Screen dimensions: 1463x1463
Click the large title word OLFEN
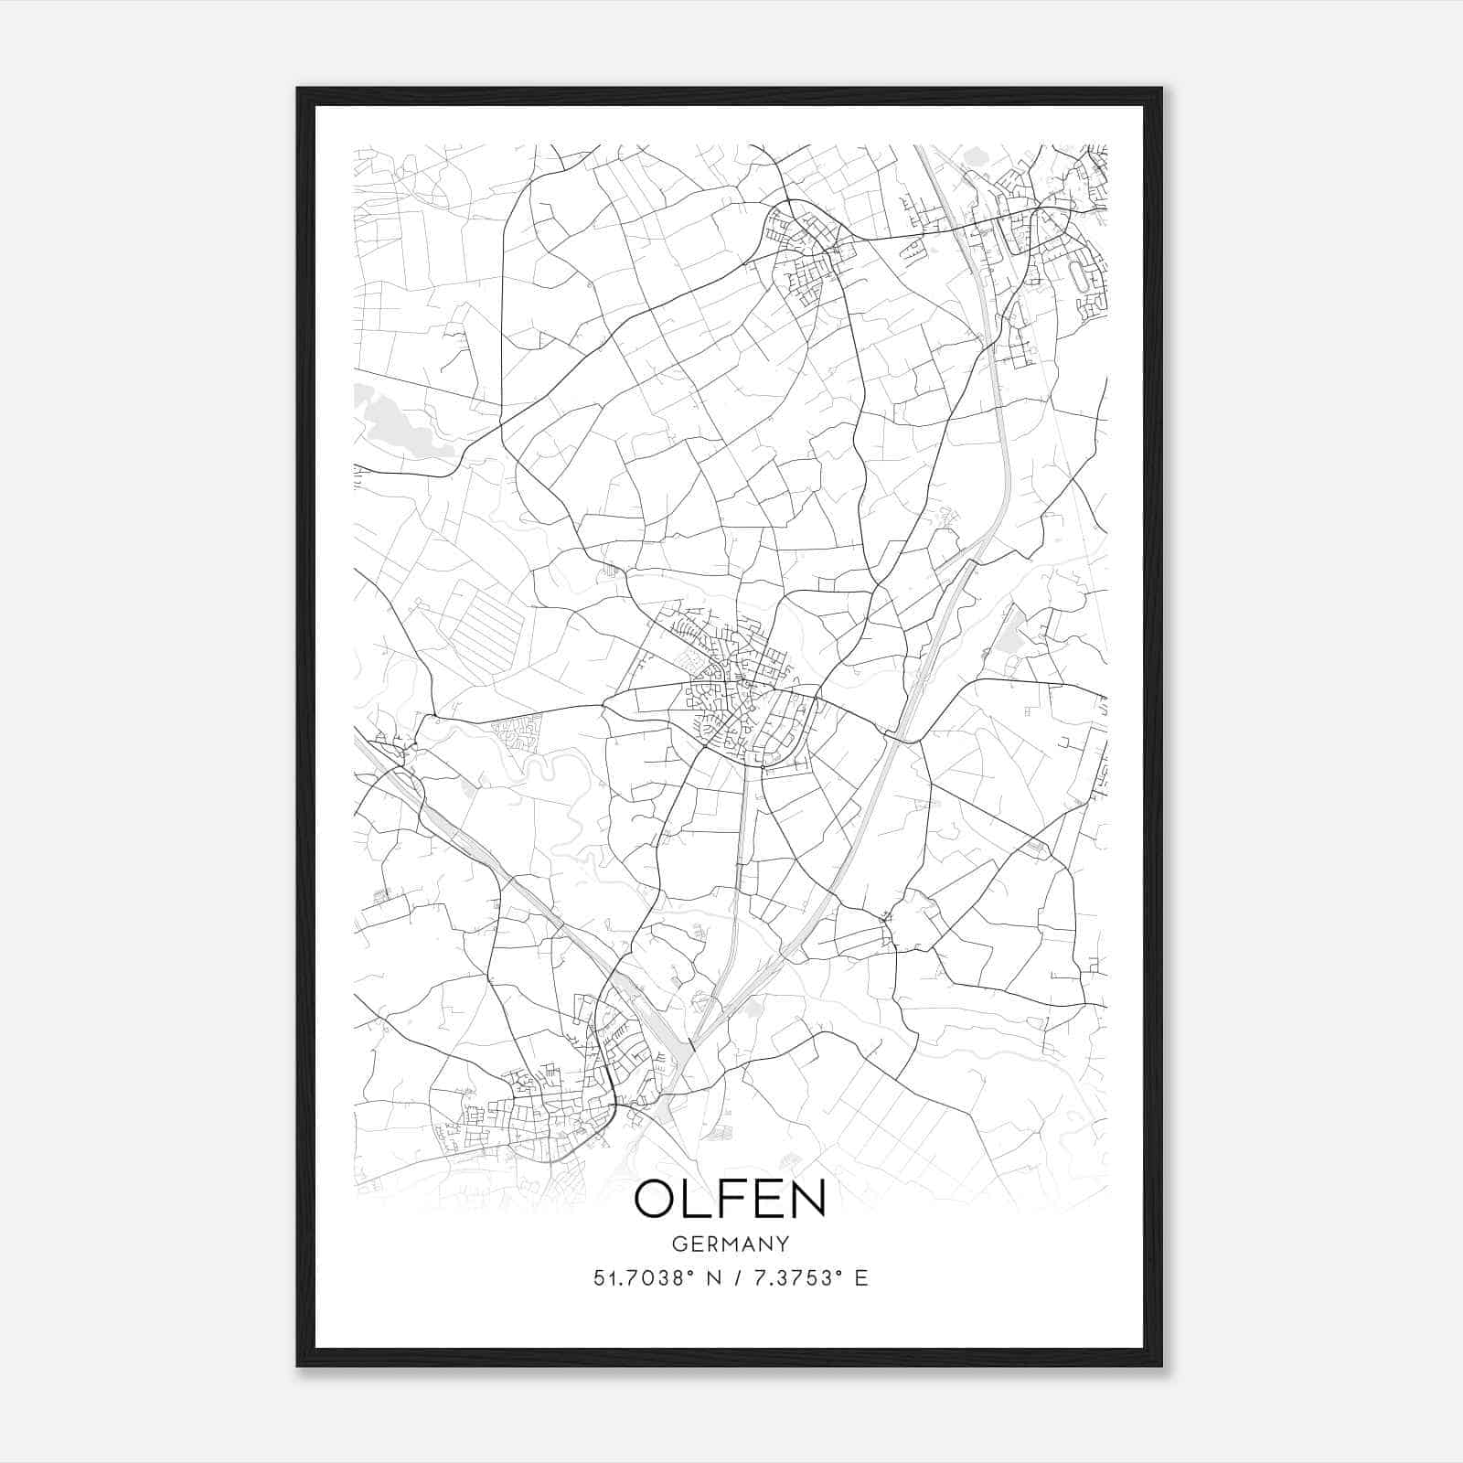click(x=730, y=1199)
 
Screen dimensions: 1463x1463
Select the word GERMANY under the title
click(x=730, y=1244)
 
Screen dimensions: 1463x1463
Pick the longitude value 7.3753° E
click(x=806, y=1278)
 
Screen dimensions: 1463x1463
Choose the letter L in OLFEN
click(x=697, y=1199)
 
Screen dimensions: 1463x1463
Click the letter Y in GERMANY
click(x=781, y=1244)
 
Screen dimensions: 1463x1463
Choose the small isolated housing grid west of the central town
click(x=518, y=731)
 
